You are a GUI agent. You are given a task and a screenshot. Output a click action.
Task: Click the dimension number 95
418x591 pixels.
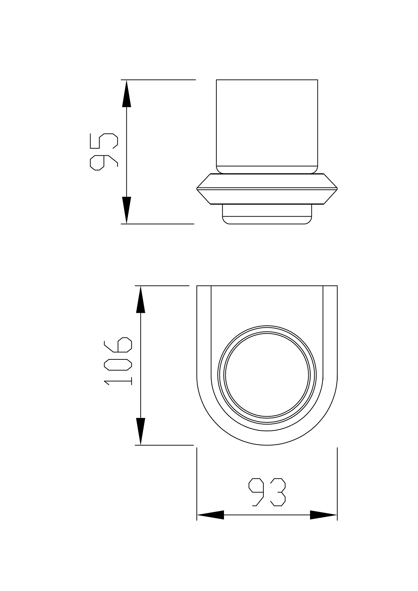point(104,152)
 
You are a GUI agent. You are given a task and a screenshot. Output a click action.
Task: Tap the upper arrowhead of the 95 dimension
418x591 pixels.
point(126,93)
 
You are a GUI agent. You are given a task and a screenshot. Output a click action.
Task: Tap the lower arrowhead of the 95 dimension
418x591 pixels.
point(126,210)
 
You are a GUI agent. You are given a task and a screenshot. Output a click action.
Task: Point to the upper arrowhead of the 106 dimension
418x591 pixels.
point(140,300)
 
